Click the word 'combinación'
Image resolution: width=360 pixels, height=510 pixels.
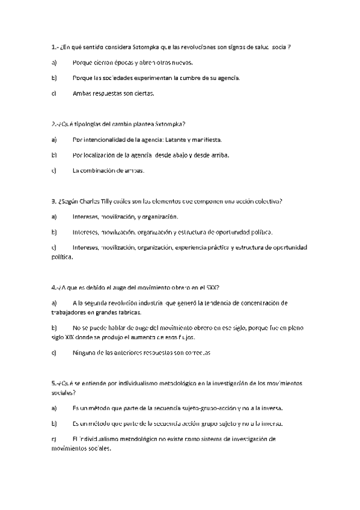(x=100, y=171)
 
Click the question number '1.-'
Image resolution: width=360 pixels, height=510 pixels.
(x=55, y=46)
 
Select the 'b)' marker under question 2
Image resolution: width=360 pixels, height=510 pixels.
(x=54, y=155)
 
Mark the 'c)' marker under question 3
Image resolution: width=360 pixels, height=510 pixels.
(x=54, y=247)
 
